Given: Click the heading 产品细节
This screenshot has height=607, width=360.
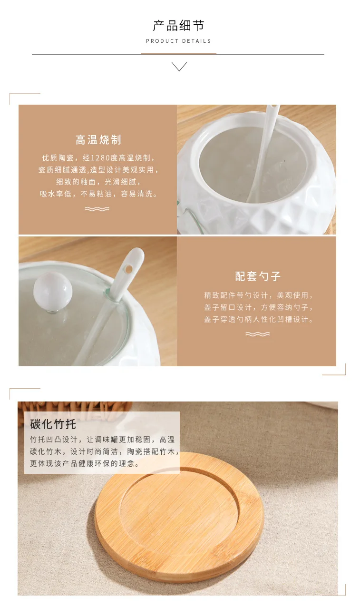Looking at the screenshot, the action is point(178,26).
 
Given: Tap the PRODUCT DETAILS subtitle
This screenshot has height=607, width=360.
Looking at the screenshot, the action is point(178,41).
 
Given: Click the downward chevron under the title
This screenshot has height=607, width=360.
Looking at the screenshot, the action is point(179,67).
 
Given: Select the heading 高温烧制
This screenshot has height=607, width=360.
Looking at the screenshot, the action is point(98,140).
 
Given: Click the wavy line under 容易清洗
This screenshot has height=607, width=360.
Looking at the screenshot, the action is point(97,209).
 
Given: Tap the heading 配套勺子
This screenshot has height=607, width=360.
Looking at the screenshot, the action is point(258,276).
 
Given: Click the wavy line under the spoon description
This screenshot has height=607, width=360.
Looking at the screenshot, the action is point(258,334).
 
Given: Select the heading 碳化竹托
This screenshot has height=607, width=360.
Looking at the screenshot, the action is point(53,424).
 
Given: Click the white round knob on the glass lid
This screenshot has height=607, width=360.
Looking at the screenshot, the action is point(53,292).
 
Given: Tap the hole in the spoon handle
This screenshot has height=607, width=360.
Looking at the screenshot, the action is point(129,269).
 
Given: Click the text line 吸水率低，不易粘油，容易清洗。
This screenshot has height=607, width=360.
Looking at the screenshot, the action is point(99,194).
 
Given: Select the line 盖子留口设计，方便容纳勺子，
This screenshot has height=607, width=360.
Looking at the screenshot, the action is point(259,307).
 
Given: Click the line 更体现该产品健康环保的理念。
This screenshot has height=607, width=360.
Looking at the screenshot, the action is point(85,464).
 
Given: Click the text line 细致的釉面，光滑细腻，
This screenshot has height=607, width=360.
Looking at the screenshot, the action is point(98,182).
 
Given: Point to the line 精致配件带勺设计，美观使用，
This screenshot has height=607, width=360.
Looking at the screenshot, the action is point(259,295).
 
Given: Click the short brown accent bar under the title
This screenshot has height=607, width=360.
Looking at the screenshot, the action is point(178,54).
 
